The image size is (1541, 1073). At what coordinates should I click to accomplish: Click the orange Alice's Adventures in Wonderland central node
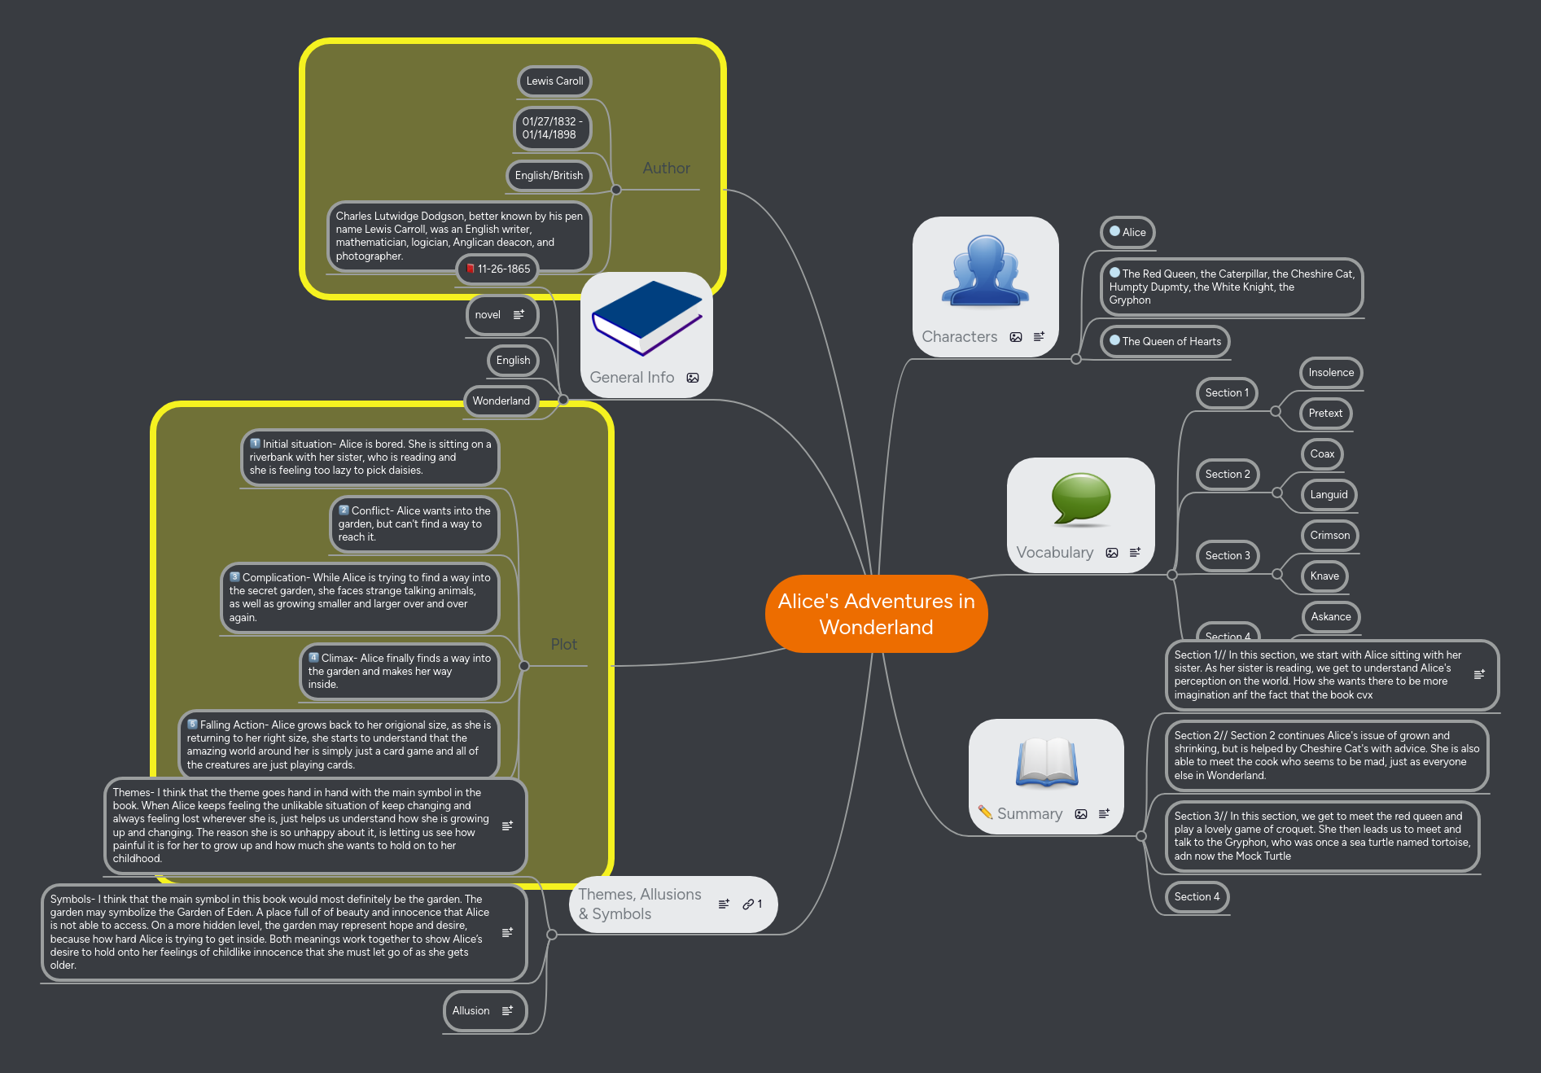pos(876,614)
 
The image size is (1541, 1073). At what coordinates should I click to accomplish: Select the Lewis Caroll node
pos(554,81)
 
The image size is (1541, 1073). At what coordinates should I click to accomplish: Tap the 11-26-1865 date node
pos(497,269)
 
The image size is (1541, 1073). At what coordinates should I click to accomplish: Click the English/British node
pos(549,176)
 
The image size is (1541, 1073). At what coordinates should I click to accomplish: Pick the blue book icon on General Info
pos(646,318)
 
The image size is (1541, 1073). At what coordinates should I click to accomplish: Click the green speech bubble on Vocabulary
pos(1080,498)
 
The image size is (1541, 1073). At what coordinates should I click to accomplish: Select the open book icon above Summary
pos(1046,763)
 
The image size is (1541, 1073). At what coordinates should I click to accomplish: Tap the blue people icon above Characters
pos(985,272)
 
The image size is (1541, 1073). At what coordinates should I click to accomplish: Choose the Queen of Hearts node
pos(1165,342)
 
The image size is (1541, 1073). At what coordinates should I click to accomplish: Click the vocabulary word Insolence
pos(1331,373)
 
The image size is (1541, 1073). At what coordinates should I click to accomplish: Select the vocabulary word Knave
pos(1324,576)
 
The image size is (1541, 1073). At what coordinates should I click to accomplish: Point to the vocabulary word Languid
pos(1329,495)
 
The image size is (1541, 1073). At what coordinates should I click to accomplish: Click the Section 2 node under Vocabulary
pos(1227,475)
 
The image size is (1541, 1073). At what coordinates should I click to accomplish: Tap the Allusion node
pos(471,1011)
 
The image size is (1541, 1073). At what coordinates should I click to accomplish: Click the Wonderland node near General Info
pos(501,401)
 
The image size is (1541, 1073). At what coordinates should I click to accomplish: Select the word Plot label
pos(563,645)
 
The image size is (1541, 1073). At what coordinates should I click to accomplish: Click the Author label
pos(666,169)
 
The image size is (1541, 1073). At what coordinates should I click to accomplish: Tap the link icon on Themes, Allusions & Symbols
pos(748,904)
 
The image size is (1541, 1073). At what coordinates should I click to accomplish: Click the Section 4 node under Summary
pos(1197,897)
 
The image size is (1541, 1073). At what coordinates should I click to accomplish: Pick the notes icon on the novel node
pos(519,315)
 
